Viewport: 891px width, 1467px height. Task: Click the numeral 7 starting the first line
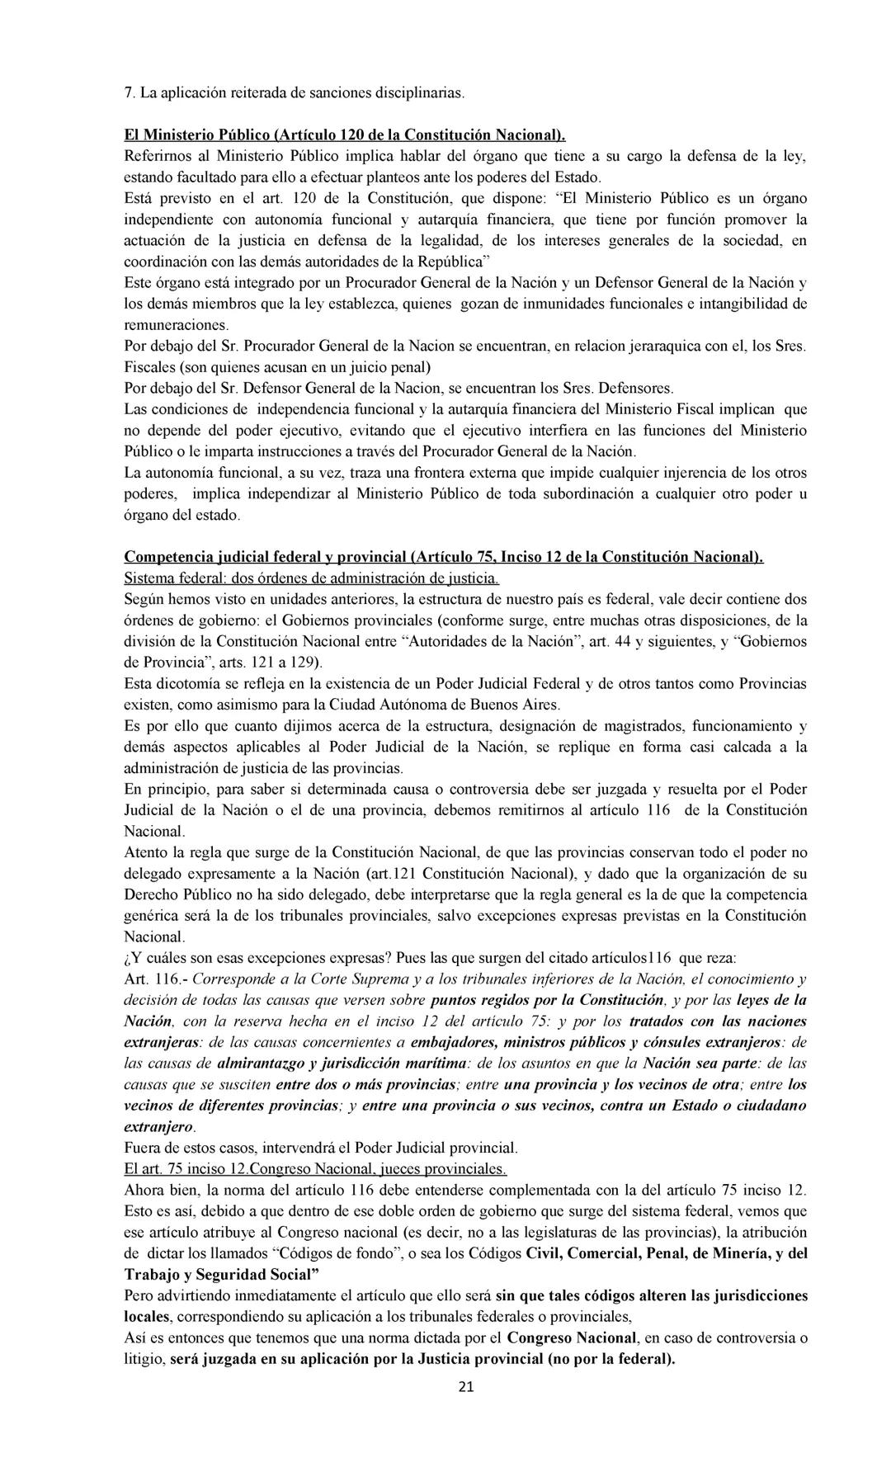pyautogui.click(x=129, y=93)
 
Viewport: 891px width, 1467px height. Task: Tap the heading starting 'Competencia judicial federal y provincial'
pyautogui.click(x=443, y=557)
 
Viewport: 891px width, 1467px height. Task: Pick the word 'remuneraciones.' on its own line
pyautogui.click(x=177, y=324)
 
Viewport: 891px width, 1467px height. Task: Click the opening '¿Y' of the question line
pyautogui.click(x=132, y=958)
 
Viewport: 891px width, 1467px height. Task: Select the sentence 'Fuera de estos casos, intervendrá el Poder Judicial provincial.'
pyautogui.click(x=320, y=1148)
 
